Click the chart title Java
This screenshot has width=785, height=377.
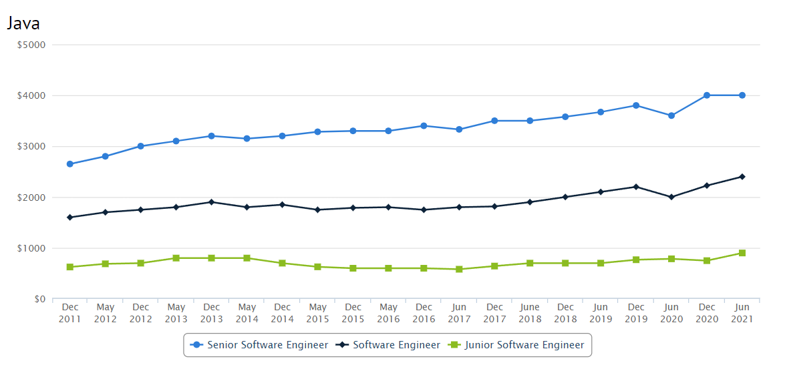click(x=23, y=23)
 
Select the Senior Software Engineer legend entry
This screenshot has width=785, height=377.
click(x=261, y=345)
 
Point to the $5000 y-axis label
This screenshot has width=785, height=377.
click(x=31, y=45)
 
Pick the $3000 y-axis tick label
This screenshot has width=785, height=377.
click(x=31, y=146)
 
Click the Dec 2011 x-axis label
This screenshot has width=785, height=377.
click(x=70, y=313)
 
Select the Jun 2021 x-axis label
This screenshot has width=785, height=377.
click(x=742, y=313)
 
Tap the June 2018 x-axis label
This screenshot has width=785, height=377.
click(x=530, y=313)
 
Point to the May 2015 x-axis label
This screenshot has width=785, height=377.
click(x=317, y=313)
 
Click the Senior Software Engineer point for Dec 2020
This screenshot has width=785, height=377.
click(x=707, y=95)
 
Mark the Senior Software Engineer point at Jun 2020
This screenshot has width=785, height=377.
click(x=671, y=115)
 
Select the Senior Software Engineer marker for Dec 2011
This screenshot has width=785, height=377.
click(x=70, y=164)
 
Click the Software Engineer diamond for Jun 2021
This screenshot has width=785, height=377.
click(x=742, y=177)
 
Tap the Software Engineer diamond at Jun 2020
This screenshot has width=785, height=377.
click(x=671, y=197)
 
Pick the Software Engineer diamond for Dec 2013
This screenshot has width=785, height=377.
click(x=212, y=202)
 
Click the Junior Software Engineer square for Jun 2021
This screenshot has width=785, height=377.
click(x=742, y=253)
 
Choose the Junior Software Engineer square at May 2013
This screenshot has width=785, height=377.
click(x=176, y=258)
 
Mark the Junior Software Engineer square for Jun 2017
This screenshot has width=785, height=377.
click(x=459, y=270)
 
